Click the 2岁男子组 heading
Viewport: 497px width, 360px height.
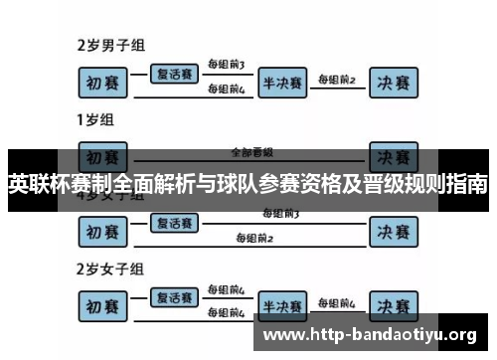[112, 45]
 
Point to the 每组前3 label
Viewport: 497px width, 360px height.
[226, 65]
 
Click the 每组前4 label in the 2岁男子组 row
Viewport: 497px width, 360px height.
[226, 89]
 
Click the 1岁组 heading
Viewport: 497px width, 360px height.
[95, 121]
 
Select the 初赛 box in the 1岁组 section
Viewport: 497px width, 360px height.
[104, 157]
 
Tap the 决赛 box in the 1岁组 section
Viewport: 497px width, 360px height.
[397, 157]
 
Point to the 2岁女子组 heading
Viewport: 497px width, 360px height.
[112, 269]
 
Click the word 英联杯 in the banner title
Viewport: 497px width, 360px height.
[36, 185]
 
